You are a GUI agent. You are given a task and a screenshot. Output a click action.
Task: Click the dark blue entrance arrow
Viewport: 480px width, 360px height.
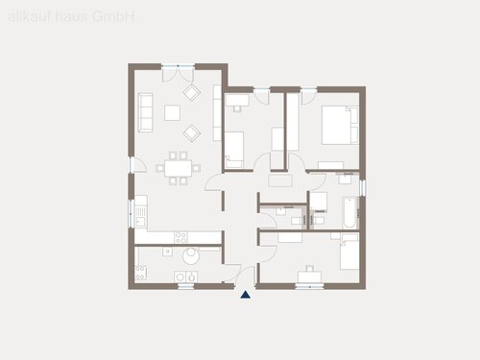point(246,295)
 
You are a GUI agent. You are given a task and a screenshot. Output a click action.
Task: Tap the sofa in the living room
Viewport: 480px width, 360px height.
point(146,111)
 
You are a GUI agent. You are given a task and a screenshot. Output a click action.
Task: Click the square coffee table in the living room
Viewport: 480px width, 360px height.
point(172,112)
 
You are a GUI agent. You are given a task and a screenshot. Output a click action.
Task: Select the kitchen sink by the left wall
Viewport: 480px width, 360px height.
point(140,209)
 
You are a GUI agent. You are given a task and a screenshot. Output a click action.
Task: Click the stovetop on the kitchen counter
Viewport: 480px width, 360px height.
point(178,236)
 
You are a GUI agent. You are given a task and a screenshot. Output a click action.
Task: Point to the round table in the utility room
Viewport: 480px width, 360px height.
point(190,255)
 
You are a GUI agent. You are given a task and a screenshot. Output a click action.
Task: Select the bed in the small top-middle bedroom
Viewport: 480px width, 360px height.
point(236,146)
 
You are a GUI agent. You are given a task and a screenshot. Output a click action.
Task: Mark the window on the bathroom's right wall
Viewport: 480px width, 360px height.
point(362,185)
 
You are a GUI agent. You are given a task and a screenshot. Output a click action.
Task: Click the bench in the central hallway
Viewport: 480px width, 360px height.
point(281,178)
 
